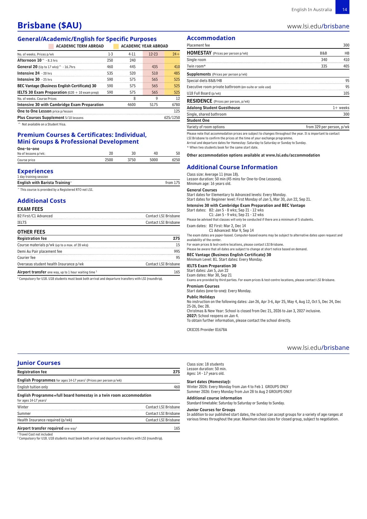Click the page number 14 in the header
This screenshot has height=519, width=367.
pyautogui.click(x=345, y=10)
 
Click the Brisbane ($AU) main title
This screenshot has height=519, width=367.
pyautogui.click(x=50, y=25)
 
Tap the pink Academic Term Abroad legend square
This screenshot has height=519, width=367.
pyautogui.click(x=51, y=46)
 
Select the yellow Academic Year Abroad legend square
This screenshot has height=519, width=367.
pyautogui.click(x=116, y=46)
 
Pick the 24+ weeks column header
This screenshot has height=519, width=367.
pyautogui.click(x=176, y=54)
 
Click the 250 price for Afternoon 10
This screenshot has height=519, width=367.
pyautogui.click(x=110, y=60)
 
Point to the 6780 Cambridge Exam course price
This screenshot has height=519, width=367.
pyautogui.click(x=176, y=105)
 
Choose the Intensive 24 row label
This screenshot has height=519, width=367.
pyautogui.click(x=28, y=73)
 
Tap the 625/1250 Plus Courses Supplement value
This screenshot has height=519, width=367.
pyautogui.click(x=172, y=118)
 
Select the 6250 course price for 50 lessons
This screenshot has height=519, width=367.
pyautogui.click(x=176, y=160)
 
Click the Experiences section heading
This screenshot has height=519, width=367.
pyautogui.click(x=35, y=171)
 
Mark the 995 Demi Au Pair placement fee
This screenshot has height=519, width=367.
pyautogui.click(x=177, y=251)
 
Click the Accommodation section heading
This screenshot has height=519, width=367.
pyautogui.click(x=211, y=38)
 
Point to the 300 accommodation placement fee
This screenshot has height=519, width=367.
pyautogui.click(x=346, y=45)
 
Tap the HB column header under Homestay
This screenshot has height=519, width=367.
pyautogui.click(x=347, y=53)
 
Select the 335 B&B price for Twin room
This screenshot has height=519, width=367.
pyautogui.click(x=324, y=66)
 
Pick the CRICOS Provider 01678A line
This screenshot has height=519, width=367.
pyautogui.click(x=207, y=330)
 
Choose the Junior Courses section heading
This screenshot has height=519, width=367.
pyautogui.click(x=39, y=363)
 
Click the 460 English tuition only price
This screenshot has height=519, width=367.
pyautogui.click(x=177, y=387)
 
